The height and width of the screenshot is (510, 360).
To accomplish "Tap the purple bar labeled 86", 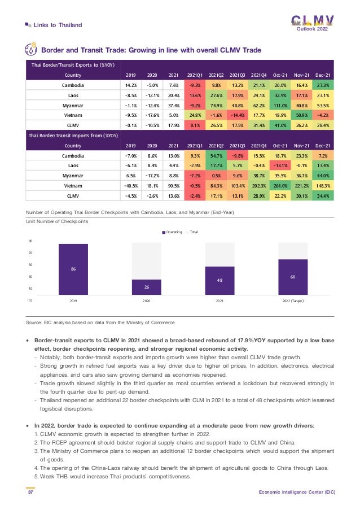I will tap(73, 269).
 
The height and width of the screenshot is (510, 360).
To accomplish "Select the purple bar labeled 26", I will tap(146, 287).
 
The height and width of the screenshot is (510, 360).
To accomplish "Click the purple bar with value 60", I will tap(293, 277).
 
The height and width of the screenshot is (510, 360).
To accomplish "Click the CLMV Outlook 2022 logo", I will tap(312, 23).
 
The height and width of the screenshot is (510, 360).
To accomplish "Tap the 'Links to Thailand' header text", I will tap(58, 25).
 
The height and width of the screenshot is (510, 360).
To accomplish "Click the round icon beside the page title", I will tap(32, 49).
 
